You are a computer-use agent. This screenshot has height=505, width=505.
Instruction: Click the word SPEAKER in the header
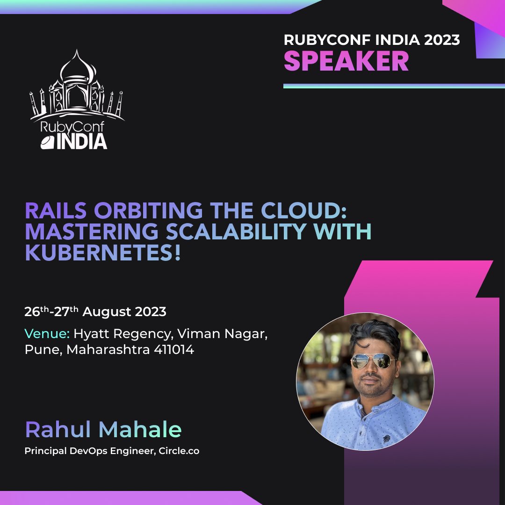click(x=346, y=61)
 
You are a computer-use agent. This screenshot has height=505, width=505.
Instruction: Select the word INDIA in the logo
click(x=81, y=141)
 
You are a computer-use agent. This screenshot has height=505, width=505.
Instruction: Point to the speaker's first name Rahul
click(x=60, y=430)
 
